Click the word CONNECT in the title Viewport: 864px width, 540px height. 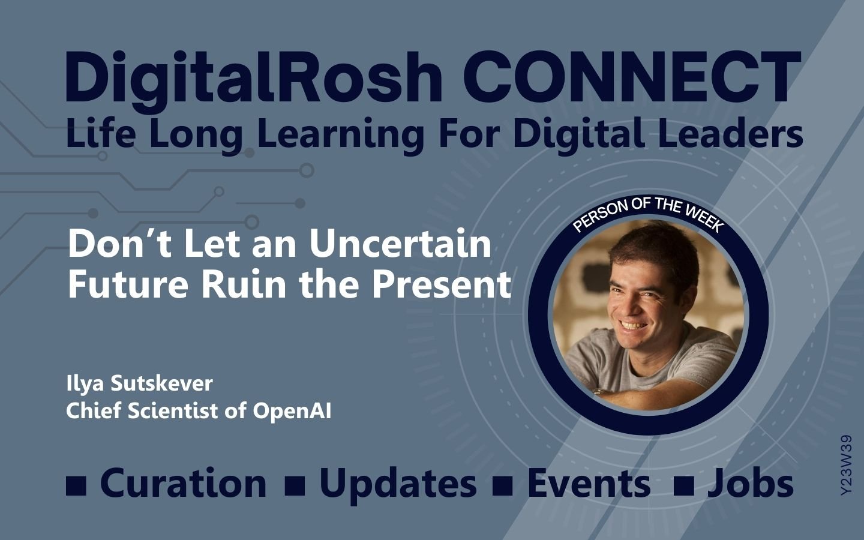pyautogui.click(x=632, y=77)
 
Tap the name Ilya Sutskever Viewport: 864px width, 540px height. pyautogui.click(x=139, y=384)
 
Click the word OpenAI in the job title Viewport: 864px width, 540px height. pyautogui.click(x=292, y=410)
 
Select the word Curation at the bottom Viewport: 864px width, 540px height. pyautogui.click(x=183, y=484)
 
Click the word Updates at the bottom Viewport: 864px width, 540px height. pyautogui.click(x=398, y=485)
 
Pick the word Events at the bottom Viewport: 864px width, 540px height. pyautogui.click(x=589, y=484)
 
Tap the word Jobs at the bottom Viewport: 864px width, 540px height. pyautogui.click(x=751, y=484)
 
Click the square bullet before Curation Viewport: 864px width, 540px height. pyautogui.click(x=76, y=485)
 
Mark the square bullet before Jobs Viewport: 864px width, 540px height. pyautogui.click(x=684, y=485)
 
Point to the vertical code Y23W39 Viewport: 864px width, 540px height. pyautogui.click(x=846, y=465)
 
